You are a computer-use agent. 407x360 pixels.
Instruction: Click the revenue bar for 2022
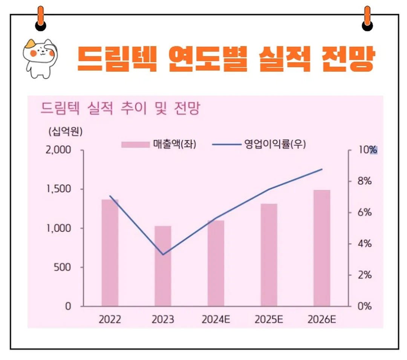click(x=110, y=253)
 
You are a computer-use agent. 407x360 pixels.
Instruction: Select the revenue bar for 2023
click(x=163, y=266)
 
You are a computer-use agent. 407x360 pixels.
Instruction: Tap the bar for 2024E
click(x=216, y=263)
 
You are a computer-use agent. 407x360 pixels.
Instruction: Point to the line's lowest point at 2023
click(x=163, y=255)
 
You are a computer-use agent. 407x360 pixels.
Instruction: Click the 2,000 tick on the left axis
click(x=58, y=150)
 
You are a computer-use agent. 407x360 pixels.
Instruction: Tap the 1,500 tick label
click(x=58, y=189)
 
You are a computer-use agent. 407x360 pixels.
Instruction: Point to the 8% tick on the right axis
click(x=364, y=181)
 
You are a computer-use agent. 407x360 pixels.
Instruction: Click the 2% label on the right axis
click(x=364, y=275)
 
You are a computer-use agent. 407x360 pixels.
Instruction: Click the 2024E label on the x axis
click(x=216, y=320)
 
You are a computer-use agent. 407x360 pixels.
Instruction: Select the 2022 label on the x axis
click(x=110, y=320)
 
